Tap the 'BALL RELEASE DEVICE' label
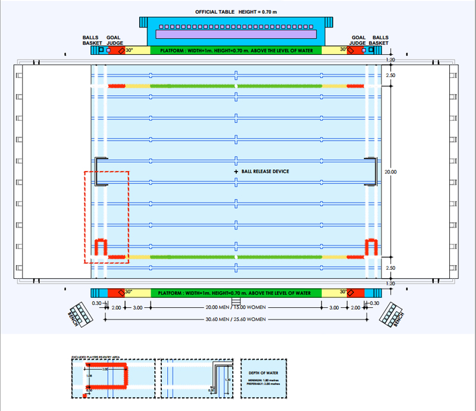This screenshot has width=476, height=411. pyautogui.click(x=265, y=172)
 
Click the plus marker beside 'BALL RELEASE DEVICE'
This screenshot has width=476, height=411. pyautogui.click(x=236, y=172)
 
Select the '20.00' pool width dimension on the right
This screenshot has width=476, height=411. pyautogui.click(x=390, y=172)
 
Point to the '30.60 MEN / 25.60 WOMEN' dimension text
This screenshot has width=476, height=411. pyautogui.click(x=236, y=320)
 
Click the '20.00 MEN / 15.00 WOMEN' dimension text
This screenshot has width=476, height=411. pyautogui.click(x=236, y=308)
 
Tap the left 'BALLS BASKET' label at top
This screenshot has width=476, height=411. pyautogui.click(x=91, y=40)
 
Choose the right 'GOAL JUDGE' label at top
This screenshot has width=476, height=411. pyautogui.click(x=358, y=40)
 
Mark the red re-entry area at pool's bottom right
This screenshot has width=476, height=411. pyautogui.click(x=372, y=247)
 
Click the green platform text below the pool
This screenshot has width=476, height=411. pyautogui.click(x=236, y=293)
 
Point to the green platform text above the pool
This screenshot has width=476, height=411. pyautogui.click(x=236, y=51)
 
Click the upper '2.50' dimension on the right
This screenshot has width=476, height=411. pyautogui.click(x=390, y=76)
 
